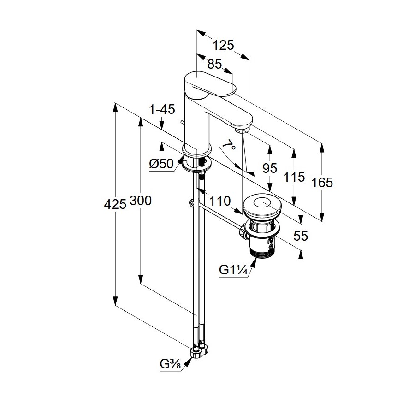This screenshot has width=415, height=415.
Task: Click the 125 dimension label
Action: coord(224,45)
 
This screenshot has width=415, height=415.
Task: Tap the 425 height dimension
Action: coord(114,203)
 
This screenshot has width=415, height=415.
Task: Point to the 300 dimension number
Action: coord(141,201)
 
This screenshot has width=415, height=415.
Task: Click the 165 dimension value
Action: coord(322,183)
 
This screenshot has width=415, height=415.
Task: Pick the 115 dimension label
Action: coord(294,177)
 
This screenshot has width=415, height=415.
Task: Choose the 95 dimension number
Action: coord(270,168)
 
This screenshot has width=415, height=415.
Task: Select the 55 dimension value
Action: coord(300,236)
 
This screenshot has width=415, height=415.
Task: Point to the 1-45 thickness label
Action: coord(162,109)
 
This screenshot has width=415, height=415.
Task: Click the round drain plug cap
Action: coord(261,205)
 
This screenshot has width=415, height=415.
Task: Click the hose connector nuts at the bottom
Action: coord(199,351)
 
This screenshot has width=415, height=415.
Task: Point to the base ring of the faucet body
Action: coord(197,149)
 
